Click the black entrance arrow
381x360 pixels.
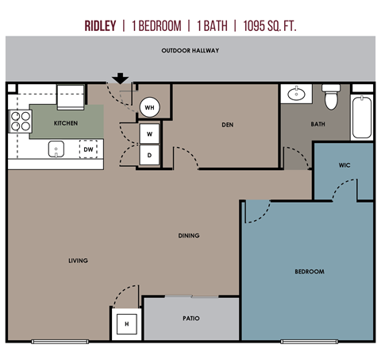119,78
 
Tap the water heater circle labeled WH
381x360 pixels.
150,107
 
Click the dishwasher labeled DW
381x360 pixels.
88,149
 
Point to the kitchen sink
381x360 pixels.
56,148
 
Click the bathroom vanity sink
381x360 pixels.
296,95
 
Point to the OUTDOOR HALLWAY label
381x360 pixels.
190,51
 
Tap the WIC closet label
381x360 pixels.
344,166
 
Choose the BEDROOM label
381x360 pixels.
309,272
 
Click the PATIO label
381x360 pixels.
190,318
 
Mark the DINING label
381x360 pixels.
189,235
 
